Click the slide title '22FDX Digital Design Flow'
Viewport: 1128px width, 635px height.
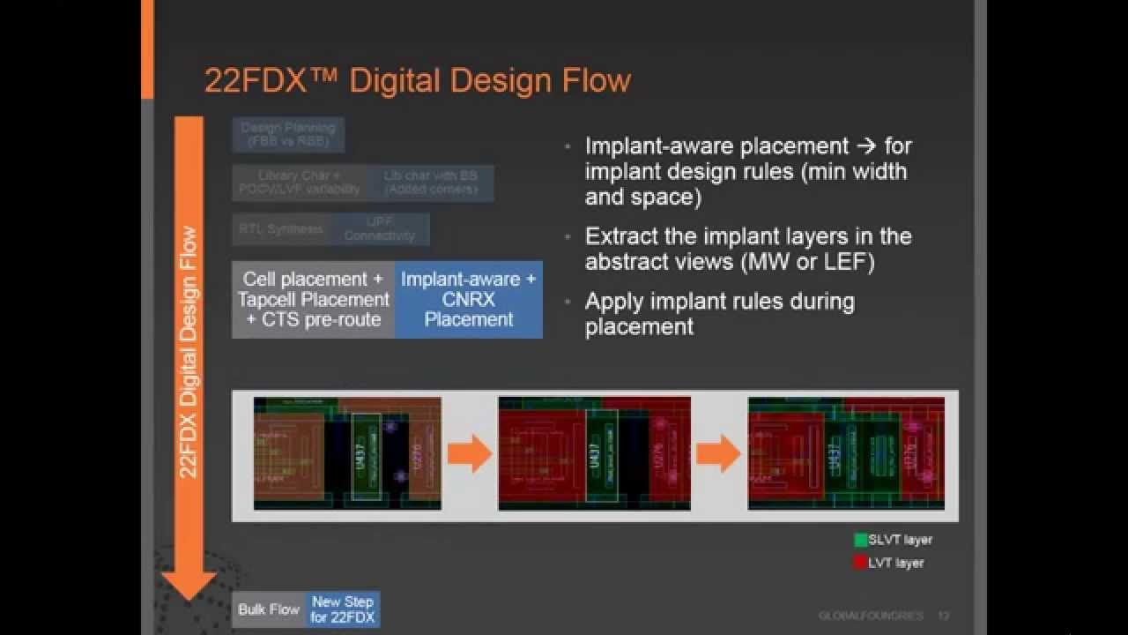point(418,80)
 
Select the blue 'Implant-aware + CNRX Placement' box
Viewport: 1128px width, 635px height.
point(468,299)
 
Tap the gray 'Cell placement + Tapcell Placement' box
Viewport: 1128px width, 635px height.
point(314,299)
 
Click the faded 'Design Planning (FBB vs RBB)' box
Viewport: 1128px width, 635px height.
point(288,134)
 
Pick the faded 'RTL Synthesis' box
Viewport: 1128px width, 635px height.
point(280,229)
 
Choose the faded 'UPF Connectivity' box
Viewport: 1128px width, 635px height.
point(379,229)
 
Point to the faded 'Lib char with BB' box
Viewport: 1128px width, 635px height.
point(431,183)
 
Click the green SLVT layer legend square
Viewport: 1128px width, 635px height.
point(861,540)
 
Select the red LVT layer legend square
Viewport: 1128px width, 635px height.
point(861,562)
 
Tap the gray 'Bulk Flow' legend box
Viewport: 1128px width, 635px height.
point(269,609)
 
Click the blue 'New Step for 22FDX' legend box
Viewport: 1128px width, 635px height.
point(343,609)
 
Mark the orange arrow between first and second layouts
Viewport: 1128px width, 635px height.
point(469,454)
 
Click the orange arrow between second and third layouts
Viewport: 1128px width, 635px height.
point(718,454)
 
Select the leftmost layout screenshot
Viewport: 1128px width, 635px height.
point(347,453)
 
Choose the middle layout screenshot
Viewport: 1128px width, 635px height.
point(594,453)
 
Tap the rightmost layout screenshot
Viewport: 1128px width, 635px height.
point(846,453)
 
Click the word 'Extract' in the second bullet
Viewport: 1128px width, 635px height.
point(617,236)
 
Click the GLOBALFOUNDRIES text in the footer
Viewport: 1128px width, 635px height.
point(871,616)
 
